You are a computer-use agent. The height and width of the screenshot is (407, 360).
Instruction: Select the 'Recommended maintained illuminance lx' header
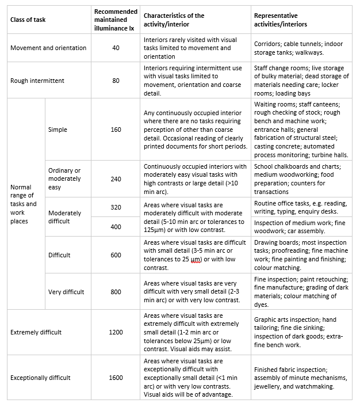click(x=116, y=20)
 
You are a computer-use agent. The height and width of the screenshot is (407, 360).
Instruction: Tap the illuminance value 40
click(x=116, y=48)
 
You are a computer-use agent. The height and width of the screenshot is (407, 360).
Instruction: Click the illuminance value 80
click(x=116, y=81)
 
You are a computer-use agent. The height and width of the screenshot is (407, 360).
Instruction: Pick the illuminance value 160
click(x=116, y=130)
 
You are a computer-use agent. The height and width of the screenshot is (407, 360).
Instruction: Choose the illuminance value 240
click(x=116, y=179)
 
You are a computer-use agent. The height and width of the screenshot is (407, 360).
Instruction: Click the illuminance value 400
click(x=116, y=227)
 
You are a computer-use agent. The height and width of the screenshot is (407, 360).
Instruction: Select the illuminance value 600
click(x=116, y=255)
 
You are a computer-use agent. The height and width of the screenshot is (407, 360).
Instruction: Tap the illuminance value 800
click(x=116, y=292)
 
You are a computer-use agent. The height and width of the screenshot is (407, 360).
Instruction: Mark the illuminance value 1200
click(x=116, y=332)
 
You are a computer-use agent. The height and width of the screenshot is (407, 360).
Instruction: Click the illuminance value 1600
click(x=116, y=378)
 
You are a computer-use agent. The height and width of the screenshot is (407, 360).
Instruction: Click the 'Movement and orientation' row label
click(x=48, y=48)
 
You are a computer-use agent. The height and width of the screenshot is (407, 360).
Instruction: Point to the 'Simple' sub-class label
click(x=58, y=130)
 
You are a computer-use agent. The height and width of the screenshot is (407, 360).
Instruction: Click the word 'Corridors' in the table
click(x=269, y=44)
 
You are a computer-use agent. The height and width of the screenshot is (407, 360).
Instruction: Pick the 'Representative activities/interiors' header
click(x=281, y=20)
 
